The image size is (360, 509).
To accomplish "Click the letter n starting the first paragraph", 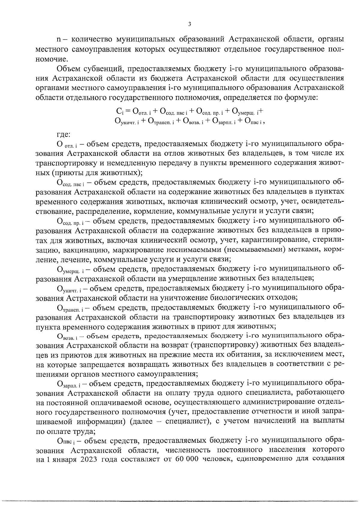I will (x=59, y=39).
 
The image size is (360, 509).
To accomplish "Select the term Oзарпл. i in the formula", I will (x=225, y=121).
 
